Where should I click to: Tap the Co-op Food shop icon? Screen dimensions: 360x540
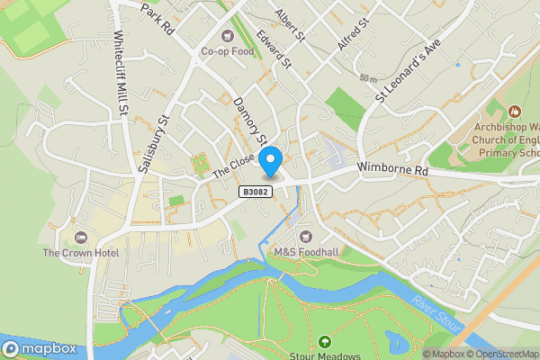[226, 37]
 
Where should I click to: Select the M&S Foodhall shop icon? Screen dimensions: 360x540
[304, 236]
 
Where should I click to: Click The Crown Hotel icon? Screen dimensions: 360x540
[81, 237]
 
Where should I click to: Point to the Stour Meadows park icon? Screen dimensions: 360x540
[324, 342]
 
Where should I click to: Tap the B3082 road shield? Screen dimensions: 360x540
[254, 192]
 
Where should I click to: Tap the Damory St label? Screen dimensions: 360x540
[249, 122]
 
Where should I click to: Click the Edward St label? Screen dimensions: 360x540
[274, 49]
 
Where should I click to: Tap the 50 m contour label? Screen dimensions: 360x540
[366, 79]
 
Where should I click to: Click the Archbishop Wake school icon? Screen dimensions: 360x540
[515, 112]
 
